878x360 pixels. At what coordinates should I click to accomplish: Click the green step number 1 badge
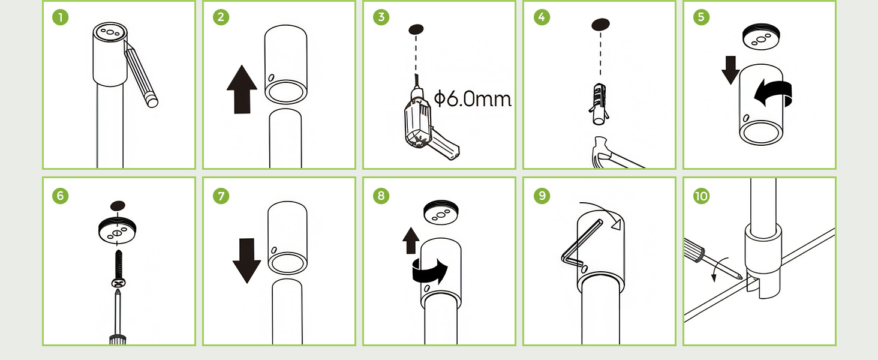coord(61,17)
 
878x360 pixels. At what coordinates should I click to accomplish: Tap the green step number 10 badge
coord(701,196)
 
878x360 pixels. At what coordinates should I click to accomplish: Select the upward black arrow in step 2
coord(242,90)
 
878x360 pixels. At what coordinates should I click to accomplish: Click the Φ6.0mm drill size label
coord(473,98)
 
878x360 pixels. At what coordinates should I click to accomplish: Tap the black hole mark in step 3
coord(416,29)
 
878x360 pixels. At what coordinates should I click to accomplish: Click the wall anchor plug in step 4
coord(599,104)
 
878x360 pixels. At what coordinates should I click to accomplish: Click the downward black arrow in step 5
coord(730,70)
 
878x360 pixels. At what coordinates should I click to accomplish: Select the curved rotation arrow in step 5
coord(773,93)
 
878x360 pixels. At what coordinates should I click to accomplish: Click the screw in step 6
coord(118,269)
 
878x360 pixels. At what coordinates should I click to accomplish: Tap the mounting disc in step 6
coord(117,230)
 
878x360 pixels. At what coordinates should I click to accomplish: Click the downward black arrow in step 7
coord(246,261)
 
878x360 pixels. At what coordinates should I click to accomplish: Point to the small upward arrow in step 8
coord(411,241)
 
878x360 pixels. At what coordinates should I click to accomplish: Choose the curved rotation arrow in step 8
coord(429,271)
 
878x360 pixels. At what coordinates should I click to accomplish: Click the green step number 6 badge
coord(61,196)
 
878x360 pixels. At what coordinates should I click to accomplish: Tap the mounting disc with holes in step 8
coord(441,212)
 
